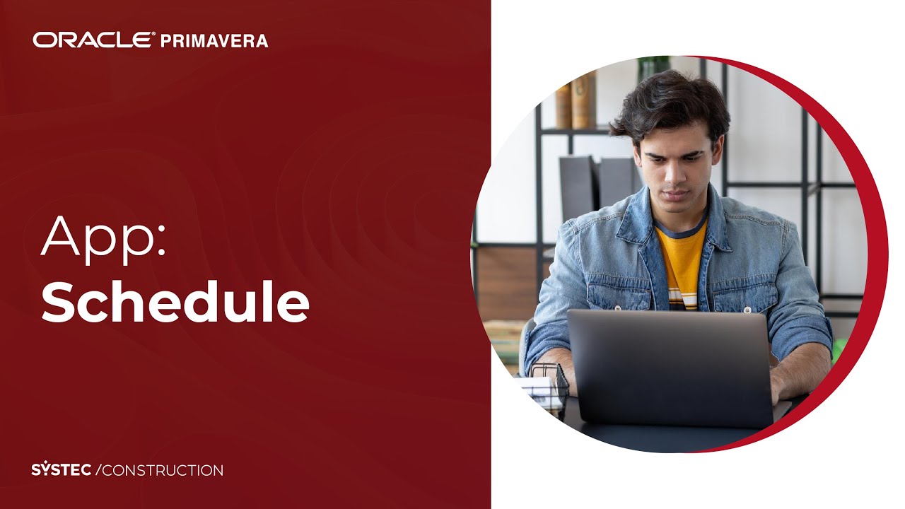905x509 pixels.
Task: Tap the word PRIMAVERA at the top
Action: pos(214,41)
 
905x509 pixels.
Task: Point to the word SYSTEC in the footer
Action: pos(61,470)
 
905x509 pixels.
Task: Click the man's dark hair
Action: pos(668,103)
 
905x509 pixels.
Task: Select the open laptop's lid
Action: pos(669,368)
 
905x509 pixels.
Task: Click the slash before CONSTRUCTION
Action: pos(99,470)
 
